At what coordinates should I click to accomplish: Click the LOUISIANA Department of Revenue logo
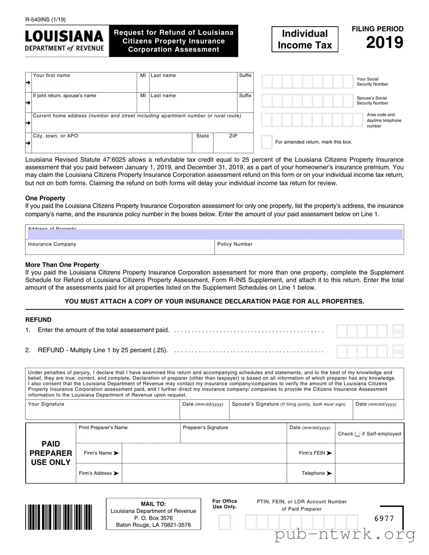pyautogui.click(x=64, y=41)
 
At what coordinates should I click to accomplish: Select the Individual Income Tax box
pyautogui.click(x=305, y=40)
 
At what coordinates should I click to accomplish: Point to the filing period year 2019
pyautogui.click(x=384, y=43)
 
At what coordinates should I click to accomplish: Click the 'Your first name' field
pyautogui.click(x=84, y=84)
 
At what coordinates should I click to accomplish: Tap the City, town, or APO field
pyautogui.click(x=112, y=144)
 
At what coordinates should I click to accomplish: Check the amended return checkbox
pyautogui.click(x=267, y=142)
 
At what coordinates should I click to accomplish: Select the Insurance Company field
pyautogui.click(x=120, y=248)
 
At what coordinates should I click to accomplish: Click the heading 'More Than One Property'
pyautogui.click(x=62, y=265)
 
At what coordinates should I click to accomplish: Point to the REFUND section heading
pyautogui.click(x=38, y=320)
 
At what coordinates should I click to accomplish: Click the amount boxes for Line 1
pyautogui.click(x=370, y=332)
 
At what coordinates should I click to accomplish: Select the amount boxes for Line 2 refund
pyautogui.click(x=370, y=352)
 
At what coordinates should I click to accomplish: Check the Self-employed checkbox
pyautogui.click(x=357, y=434)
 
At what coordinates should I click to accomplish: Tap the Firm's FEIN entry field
pyautogui.click(x=369, y=453)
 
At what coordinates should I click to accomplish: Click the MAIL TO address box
pyautogui.click(x=153, y=514)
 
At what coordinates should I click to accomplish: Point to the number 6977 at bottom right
pyautogui.click(x=384, y=518)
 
